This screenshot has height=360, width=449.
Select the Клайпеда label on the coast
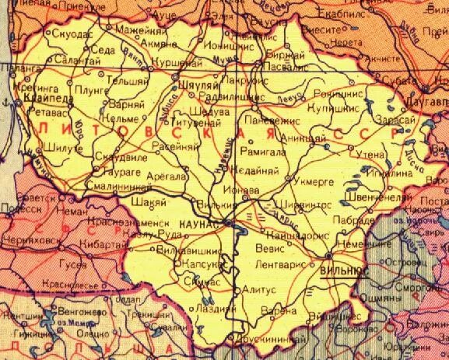35,101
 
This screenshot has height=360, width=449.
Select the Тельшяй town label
114,80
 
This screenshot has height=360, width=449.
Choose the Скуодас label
66,34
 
